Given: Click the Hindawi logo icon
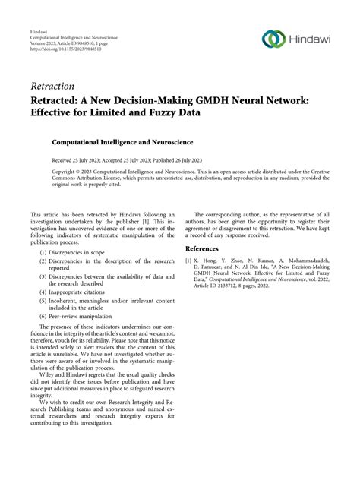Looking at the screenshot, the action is tap(271, 37).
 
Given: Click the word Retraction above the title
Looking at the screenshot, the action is tap(52, 86).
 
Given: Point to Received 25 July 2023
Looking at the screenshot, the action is tap(78, 160).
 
